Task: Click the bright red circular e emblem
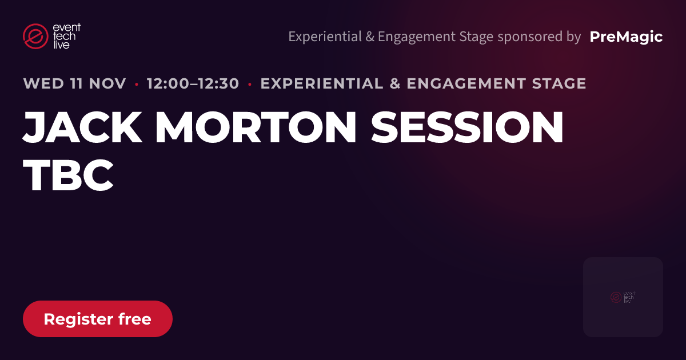(x=35, y=36)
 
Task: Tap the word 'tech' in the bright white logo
(x=64, y=37)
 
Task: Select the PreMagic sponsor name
(x=626, y=37)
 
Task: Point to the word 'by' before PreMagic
(x=573, y=37)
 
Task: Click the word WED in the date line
(x=43, y=83)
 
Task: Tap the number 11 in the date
(x=76, y=83)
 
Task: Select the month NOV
(x=107, y=83)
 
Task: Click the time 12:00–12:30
(x=193, y=83)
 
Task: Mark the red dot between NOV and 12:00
(x=137, y=84)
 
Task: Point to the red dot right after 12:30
(x=250, y=84)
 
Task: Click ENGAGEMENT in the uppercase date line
(x=466, y=83)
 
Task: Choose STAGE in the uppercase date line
(x=559, y=83)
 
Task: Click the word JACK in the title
(x=83, y=127)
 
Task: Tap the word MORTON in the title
(x=256, y=127)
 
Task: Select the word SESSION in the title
(x=467, y=127)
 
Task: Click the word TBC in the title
(x=68, y=175)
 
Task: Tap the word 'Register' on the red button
(x=78, y=319)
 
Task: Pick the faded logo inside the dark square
(x=623, y=297)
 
